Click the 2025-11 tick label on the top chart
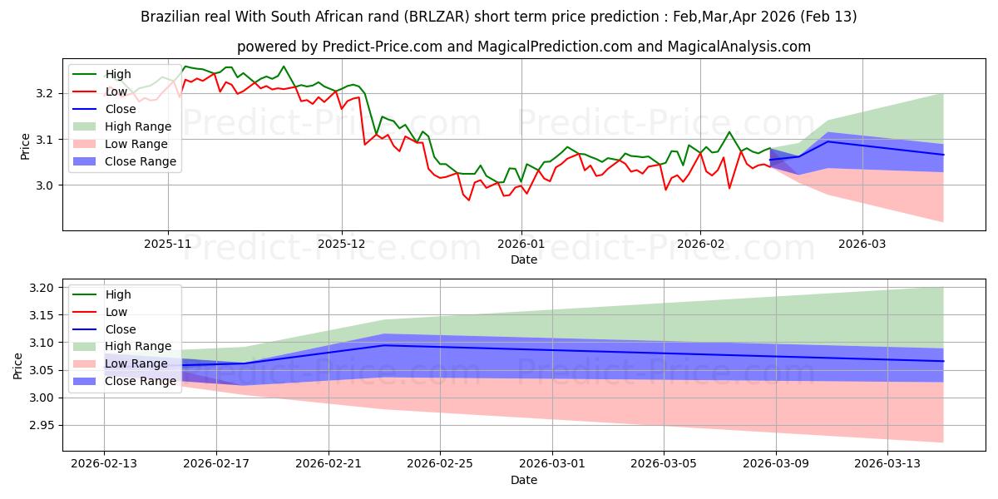pos(168,245)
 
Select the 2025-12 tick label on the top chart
pos(341,245)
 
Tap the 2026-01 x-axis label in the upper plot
pos(521,245)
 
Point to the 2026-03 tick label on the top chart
pos(862,245)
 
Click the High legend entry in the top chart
pos(117,74)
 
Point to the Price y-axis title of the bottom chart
pos(17,365)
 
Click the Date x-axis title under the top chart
pos(524,259)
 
